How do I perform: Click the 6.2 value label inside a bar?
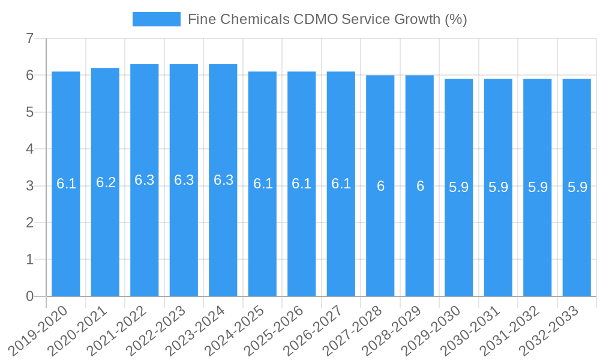pyautogui.click(x=106, y=182)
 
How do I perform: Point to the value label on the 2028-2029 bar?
pyautogui.click(x=420, y=186)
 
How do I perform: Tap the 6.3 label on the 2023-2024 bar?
pyautogui.click(x=223, y=180)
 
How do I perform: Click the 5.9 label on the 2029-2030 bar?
pyautogui.click(x=459, y=187)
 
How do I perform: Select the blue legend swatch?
pyautogui.click(x=156, y=19)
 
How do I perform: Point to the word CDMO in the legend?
pyautogui.click(x=315, y=19)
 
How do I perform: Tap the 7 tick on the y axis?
pyautogui.click(x=29, y=38)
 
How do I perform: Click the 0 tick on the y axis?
pyautogui.click(x=29, y=296)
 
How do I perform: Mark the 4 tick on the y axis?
pyautogui.click(x=29, y=149)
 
